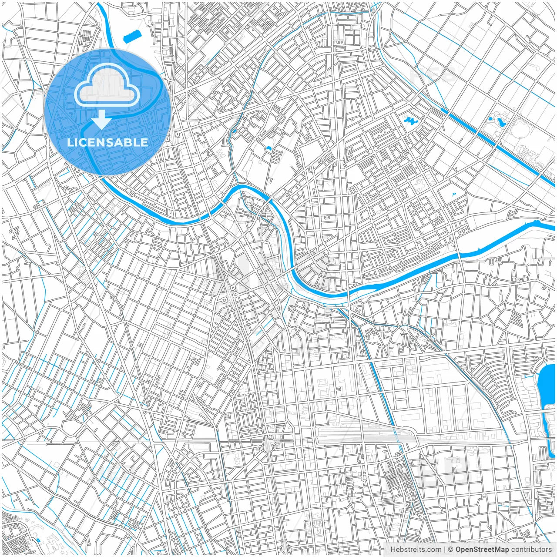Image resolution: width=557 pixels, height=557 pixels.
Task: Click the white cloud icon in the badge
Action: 107,87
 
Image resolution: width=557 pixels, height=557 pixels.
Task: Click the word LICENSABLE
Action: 107,142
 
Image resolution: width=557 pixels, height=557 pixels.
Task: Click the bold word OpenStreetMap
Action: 482,550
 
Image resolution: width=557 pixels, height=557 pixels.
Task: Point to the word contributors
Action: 531,550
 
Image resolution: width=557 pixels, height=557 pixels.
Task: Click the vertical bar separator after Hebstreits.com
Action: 444,550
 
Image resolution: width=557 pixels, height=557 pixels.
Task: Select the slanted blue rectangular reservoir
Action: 133,37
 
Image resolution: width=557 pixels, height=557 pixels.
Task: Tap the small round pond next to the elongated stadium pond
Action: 491,118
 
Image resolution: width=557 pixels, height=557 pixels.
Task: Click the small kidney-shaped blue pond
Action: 268,149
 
